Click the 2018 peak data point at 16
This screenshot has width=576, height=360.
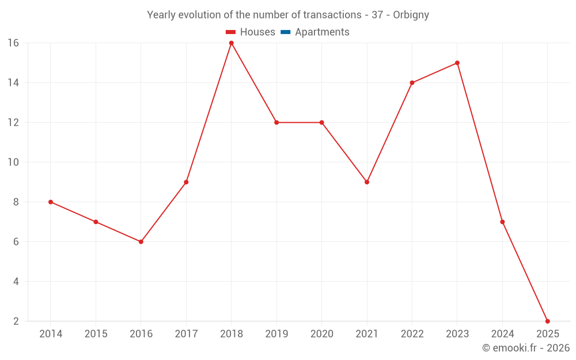(x=231, y=43)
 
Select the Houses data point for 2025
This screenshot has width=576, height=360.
(x=547, y=321)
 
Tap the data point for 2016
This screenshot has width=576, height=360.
(x=141, y=242)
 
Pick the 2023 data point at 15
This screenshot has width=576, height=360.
(x=457, y=63)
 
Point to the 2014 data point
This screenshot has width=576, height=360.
(x=51, y=202)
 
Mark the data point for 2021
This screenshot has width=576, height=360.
(x=367, y=182)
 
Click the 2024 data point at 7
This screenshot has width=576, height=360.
(x=502, y=222)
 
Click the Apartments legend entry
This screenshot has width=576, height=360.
(x=322, y=32)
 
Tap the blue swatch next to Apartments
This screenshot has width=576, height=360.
(x=285, y=32)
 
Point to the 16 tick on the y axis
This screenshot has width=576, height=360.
(x=13, y=43)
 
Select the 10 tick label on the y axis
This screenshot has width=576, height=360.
(x=13, y=162)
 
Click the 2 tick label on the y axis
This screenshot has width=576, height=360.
(x=16, y=321)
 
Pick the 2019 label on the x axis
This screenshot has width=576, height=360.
(x=276, y=334)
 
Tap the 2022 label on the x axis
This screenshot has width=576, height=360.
(x=412, y=334)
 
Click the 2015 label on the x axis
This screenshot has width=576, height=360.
(x=96, y=334)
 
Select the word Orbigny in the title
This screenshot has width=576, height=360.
(x=411, y=15)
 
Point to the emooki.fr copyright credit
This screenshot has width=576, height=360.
(x=525, y=348)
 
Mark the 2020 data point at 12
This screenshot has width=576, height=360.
(x=321, y=123)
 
